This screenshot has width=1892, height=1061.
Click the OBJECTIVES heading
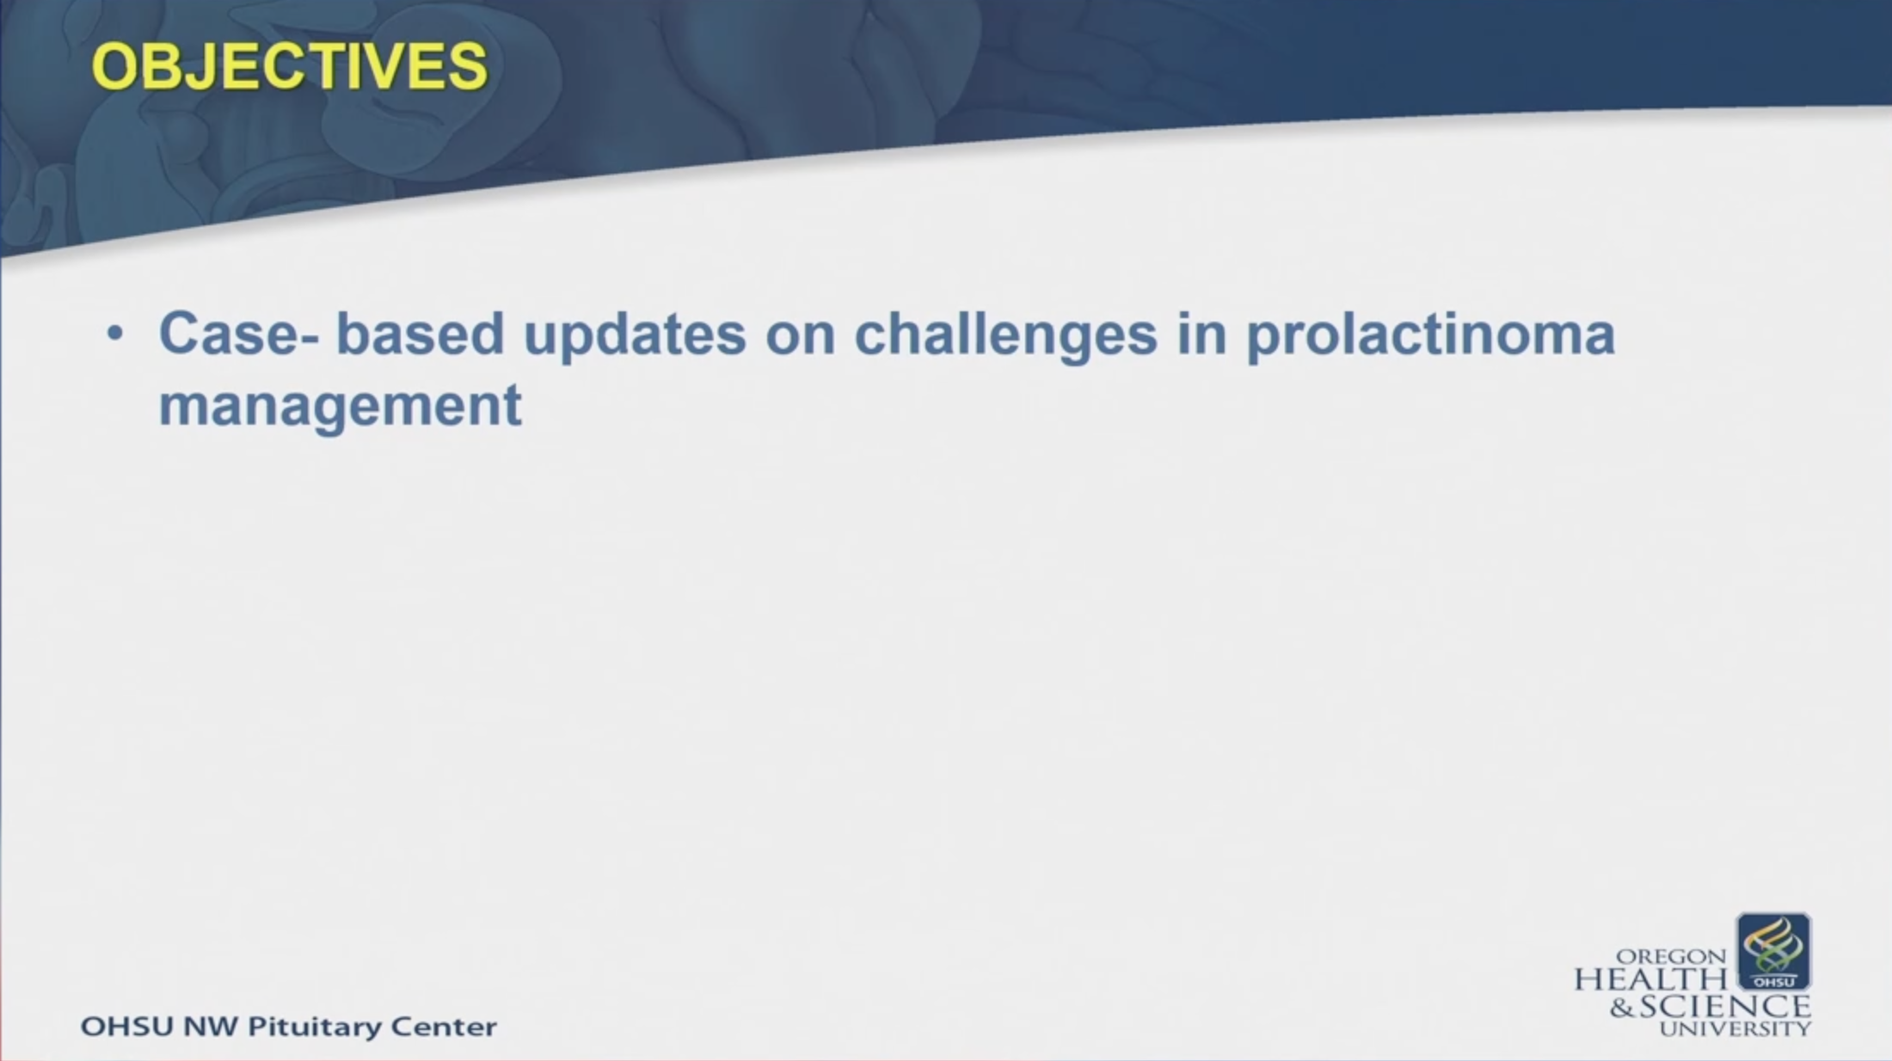(290, 66)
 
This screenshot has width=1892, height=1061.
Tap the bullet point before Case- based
(115, 334)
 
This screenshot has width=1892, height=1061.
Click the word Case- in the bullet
(239, 334)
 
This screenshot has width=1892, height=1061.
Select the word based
(420, 334)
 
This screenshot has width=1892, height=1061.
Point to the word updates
(635, 335)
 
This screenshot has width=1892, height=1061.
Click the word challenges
(1006, 335)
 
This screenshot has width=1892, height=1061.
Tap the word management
(341, 407)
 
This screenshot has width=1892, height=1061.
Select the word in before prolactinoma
(1202, 334)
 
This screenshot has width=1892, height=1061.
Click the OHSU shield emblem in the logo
(1774, 952)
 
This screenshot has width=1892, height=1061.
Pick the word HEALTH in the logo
(1650, 979)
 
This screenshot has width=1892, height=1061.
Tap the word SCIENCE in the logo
(1725, 1006)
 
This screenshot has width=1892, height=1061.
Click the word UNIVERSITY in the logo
(1735, 1028)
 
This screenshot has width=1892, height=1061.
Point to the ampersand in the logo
(1623, 1007)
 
